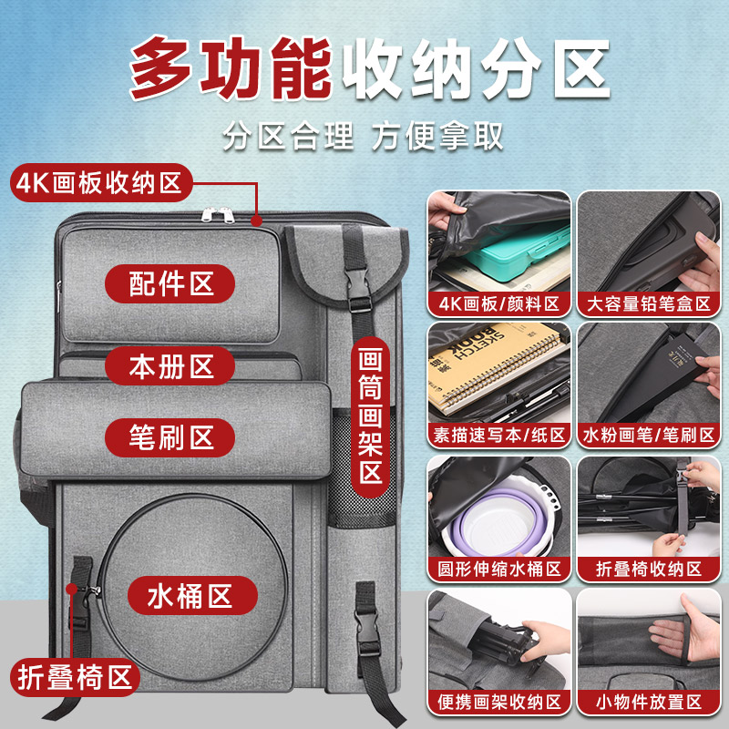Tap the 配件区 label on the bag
170,282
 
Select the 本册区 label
170,365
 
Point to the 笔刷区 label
170,437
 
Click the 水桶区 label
191,596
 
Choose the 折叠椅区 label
76,677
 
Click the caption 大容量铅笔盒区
649,304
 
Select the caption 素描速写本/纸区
498,436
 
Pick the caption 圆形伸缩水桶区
498,570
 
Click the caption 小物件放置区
649,702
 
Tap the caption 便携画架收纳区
498,702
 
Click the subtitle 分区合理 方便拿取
364,136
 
